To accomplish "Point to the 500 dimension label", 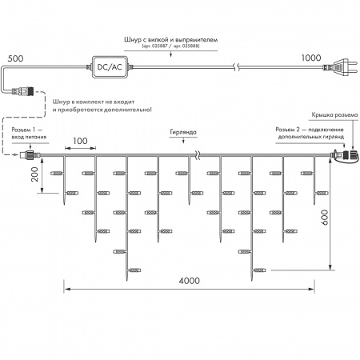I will pos(16,58).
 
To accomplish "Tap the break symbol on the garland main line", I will pos(194,156).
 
